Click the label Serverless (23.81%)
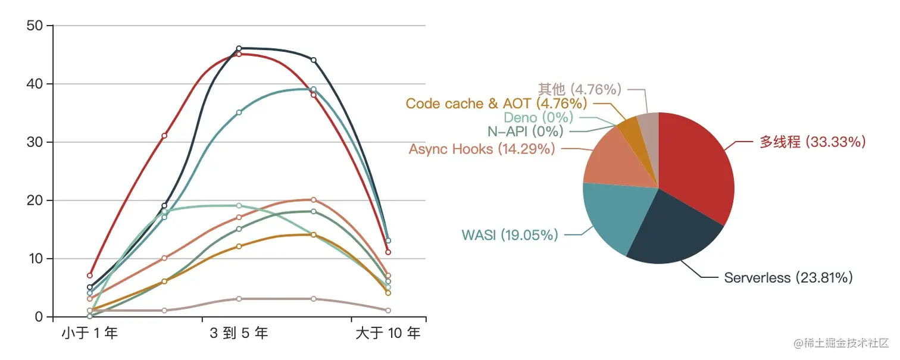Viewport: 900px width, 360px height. [x=788, y=278]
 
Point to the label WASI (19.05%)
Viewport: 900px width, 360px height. [x=510, y=235]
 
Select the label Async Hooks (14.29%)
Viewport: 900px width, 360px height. [x=482, y=149]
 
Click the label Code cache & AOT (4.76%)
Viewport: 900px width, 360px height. [x=496, y=104]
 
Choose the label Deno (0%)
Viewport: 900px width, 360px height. [x=538, y=118]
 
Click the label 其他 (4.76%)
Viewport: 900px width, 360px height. [x=580, y=89]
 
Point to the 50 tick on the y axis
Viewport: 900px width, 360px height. [x=35, y=26]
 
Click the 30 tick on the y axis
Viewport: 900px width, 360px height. [x=35, y=142]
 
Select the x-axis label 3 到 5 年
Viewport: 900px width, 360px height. [x=239, y=333]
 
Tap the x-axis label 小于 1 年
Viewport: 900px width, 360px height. [x=89, y=333]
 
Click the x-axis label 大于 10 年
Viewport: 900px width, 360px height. [x=387, y=333]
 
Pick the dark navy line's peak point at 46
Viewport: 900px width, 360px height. [x=239, y=48]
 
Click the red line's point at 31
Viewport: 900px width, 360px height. [x=164, y=136]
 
